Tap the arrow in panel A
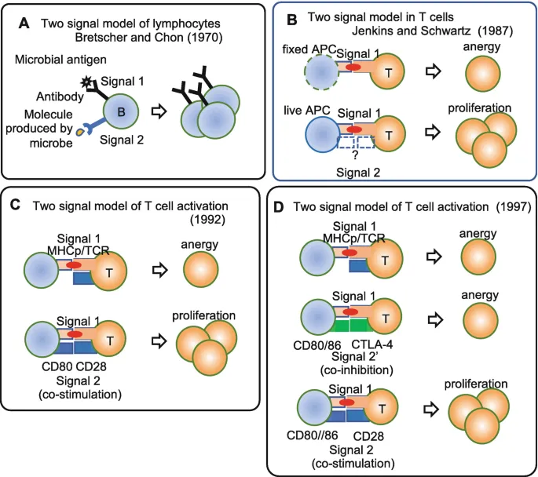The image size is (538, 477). pos(160,111)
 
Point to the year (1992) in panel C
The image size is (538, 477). pos(219,221)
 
